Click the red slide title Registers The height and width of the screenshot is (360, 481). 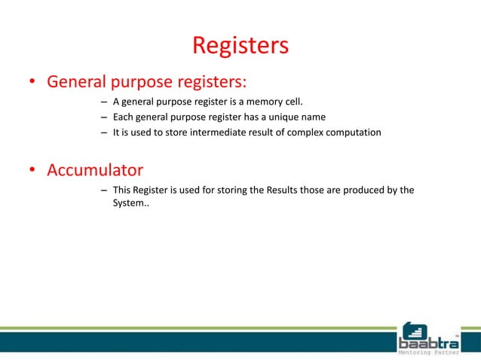(240, 45)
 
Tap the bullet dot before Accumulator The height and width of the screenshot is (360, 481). (33, 171)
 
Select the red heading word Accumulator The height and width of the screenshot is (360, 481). (95, 169)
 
